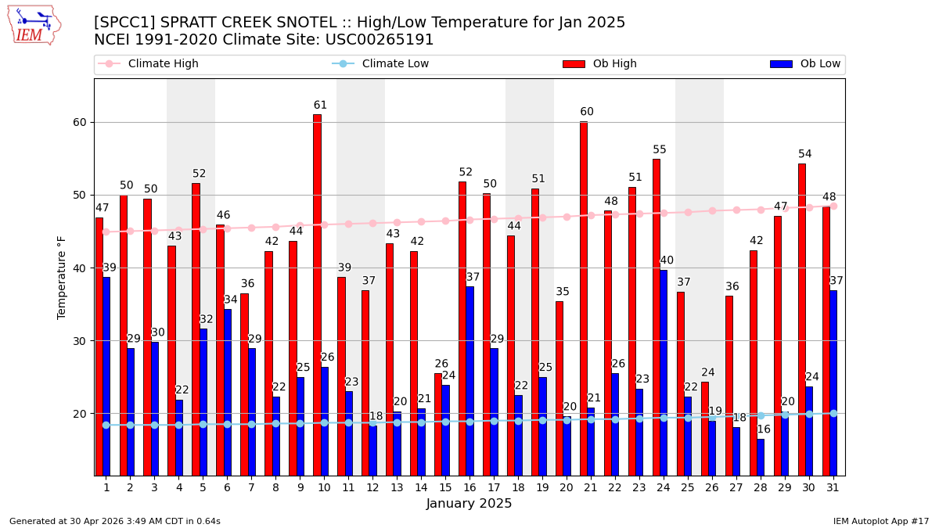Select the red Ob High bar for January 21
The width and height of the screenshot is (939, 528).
584,298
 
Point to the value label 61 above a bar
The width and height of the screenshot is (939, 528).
320,106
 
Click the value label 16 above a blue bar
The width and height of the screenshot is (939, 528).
764,429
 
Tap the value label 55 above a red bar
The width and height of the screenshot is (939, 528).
660,150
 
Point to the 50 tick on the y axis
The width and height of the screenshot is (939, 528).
79,195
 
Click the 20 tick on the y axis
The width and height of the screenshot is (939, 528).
79,414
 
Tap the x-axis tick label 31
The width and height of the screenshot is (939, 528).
833,487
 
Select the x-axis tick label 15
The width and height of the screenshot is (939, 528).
445,487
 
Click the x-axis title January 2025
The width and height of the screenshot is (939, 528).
469,505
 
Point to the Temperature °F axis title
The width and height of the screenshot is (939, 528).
62,277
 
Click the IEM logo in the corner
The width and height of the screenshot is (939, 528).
34,25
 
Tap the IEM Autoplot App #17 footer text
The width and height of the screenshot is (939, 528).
880,521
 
